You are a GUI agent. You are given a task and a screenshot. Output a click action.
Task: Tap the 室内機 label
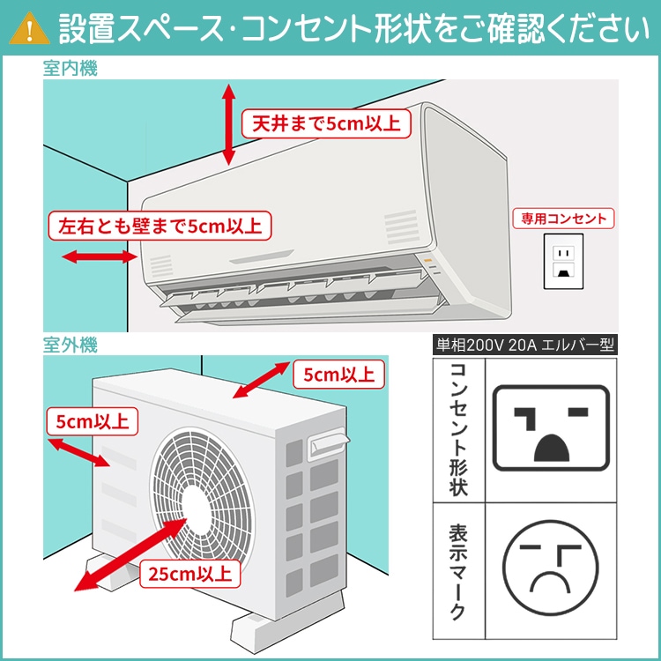[x=71, y=68]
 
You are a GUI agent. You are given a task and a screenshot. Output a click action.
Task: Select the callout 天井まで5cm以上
[x=325, y=123]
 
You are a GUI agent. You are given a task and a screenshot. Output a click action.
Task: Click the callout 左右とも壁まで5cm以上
[x=160, y=226]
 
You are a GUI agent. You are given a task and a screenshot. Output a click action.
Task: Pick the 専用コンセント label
[x=564, y=218]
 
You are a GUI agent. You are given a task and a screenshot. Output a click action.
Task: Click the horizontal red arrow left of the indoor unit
[x=98, y=257]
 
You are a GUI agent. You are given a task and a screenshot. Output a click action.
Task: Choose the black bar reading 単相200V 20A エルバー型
[x=526, y=345]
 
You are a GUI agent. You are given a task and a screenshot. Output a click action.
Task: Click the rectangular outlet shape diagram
[x=551, y=427]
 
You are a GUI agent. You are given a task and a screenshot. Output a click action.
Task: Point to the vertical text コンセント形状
[x=457, y=427]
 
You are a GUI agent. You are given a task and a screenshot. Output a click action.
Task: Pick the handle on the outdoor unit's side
[x=326, y=441]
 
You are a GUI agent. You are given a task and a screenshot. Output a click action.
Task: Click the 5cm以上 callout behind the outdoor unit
[x=338, y=375]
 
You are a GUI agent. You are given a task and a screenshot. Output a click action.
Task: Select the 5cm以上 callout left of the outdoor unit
[x=90, y=420]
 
